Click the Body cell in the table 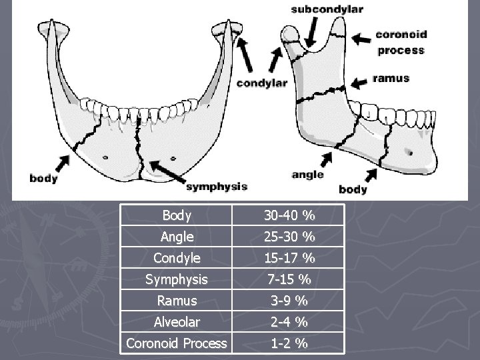(x=177, y=215)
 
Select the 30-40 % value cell (x=289, y=215)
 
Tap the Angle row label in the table (x=177, y=237)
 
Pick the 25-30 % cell (x=289, y=237)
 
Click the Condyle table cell (x=177, y=258)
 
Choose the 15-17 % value (x=289, y=258)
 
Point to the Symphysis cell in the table (x=177, y=279)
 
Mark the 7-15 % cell (x=289, y=279)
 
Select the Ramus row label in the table (x=177, y=301)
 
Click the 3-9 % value (x=289, y=301)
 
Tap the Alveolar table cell (x=177, y=322)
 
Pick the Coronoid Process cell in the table (x=177, y=344)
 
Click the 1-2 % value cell (x=289, y=344)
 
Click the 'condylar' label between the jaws (x=262, y=83)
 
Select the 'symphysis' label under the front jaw (x=217, y=186)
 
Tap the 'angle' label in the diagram (x=307, y=175)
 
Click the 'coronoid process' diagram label (x=401, y=42)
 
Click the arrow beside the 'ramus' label (x=359, y=83)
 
